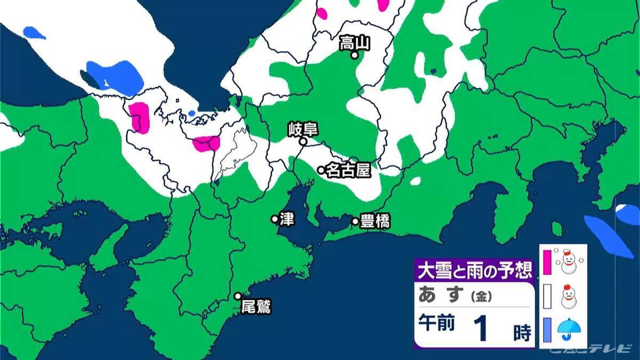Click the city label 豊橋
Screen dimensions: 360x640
[374, 221]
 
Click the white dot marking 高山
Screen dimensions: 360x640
[354, 55]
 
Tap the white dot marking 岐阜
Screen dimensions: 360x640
[302, 142]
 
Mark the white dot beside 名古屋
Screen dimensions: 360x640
[321, 170]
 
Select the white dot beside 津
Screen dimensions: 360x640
[275, 219]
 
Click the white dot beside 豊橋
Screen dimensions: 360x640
[355, 221]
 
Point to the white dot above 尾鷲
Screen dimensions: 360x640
[238, 296]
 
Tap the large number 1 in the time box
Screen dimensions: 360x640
[481, 329]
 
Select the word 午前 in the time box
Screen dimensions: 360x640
[437, 324]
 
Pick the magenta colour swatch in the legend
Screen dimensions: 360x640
[547, 261]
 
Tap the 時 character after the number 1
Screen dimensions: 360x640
[521, 333]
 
